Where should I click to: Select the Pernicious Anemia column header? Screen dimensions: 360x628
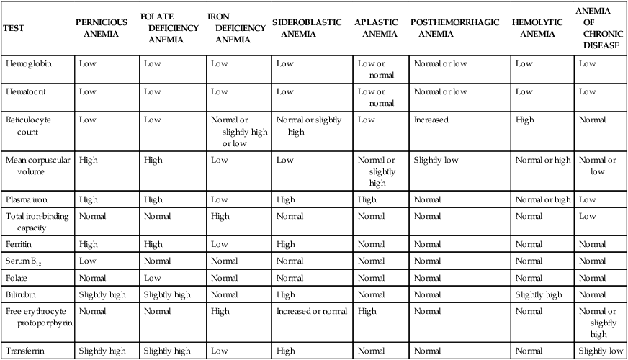click(102, 28)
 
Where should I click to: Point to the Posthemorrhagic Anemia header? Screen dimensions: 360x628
click(454, 28)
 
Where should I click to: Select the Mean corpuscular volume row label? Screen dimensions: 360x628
click(37, 166)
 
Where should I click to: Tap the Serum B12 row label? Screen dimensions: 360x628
click(26, 260)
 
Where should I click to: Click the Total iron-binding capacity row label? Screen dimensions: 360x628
click(37, 222)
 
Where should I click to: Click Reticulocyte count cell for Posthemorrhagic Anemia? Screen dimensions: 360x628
click(431, 120)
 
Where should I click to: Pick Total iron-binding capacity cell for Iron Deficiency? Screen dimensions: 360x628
click(220, 216)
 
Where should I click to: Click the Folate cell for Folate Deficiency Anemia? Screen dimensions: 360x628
click(152, 277)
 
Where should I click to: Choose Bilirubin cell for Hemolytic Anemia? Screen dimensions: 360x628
click(538, 294)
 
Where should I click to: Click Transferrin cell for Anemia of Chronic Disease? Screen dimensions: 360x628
click(599, 351)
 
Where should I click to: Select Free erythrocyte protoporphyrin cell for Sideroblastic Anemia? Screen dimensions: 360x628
click(311, 312)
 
